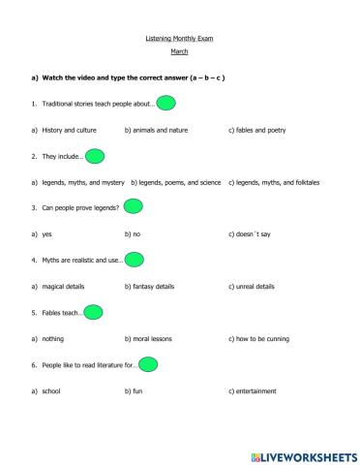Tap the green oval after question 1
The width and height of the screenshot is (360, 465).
[165, 103]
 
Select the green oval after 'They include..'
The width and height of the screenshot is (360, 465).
[95, 155]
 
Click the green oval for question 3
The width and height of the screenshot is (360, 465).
[133, 207]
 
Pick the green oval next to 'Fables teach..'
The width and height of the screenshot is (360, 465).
[94, 312]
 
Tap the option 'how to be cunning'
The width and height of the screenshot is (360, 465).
[261, 338]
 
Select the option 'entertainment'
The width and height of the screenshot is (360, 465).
[253, 390]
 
